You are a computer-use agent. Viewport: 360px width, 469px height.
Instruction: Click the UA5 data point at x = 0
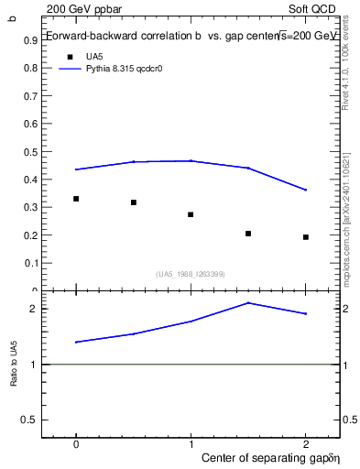[76, 199]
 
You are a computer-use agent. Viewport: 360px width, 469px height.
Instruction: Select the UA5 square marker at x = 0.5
[134, 202]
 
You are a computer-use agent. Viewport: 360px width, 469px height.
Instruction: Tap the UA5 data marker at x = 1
[191, 214]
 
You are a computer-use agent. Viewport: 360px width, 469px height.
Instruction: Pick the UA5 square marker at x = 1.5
[248, 234]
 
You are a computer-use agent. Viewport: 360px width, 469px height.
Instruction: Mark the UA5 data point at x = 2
[305, 237]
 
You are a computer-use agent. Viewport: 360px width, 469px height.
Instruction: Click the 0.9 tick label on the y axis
[34, 40]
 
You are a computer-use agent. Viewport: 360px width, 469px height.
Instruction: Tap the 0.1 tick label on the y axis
[34, 263]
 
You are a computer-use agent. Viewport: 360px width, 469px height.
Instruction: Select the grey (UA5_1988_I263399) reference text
[191, 274]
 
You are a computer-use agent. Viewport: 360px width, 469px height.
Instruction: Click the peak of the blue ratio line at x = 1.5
[248, 303]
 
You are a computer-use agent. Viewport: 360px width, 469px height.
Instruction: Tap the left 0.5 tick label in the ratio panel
[34, 420]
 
